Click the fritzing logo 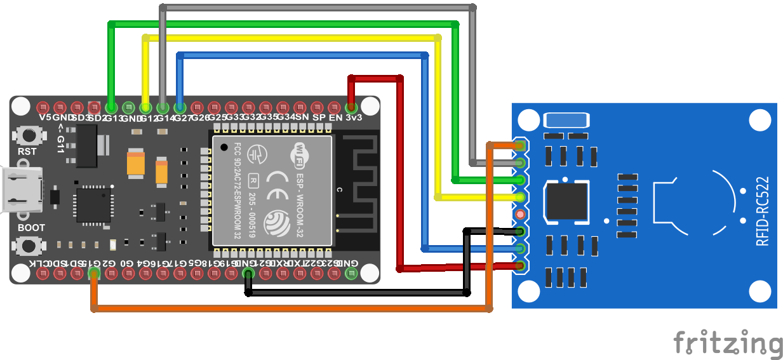pos(728,343)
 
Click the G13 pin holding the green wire pos(112,107)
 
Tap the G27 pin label pos(182,118)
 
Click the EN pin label pos(335,118)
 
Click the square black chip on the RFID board pos(566,204)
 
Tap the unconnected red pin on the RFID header pos(521,214)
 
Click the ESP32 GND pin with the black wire pos(248,274)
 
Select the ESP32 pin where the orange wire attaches pos(94,274)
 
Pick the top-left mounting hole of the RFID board pos(528,119)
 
